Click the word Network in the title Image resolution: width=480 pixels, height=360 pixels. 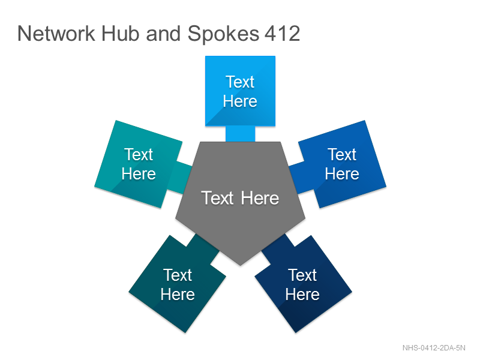point(56,34)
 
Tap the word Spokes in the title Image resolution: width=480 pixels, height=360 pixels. point(223,34)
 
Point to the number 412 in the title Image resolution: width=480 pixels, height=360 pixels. point(282,34)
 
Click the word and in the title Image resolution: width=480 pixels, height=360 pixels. point(163,34)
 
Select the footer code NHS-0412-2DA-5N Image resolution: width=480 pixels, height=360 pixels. point(434,348)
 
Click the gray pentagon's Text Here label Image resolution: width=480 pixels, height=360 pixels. point(240,198)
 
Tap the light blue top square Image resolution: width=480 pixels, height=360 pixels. point(241,91)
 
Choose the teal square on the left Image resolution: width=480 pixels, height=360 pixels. point(139,164)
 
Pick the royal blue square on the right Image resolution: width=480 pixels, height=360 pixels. point(342,164)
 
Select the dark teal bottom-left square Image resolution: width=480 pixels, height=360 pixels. point(177,284)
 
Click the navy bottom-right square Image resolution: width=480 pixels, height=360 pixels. point(304,284)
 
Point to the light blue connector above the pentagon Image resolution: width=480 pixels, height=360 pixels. point(241,134)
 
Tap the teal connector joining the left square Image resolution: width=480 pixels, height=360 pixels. point(179,178)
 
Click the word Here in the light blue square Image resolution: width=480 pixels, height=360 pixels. point(240,101)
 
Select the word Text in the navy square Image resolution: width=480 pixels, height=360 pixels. point(302,275)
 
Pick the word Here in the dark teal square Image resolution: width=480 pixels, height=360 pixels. point(178,295)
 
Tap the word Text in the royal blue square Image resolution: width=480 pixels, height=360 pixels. point(342,154)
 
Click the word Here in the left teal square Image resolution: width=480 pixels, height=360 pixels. point(139,174)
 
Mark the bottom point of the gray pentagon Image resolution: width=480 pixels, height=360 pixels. point(241,265)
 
